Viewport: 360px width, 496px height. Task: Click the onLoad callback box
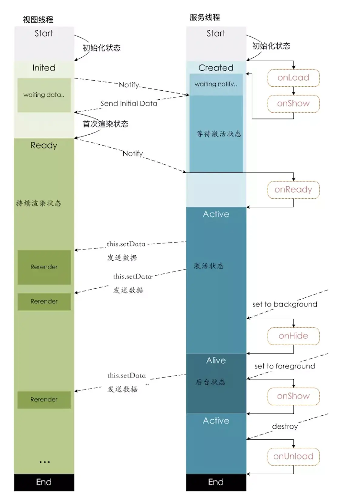293,78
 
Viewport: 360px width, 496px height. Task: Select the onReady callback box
293,190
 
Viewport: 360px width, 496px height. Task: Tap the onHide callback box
293,336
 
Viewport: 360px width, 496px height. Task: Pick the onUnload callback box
293,456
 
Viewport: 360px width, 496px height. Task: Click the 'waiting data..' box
44,95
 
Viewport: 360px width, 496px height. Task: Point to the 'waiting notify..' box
216,84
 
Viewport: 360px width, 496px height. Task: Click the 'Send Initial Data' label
129,103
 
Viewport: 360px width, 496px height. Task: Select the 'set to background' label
285,304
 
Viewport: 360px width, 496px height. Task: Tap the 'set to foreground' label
285,366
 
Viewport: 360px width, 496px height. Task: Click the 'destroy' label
285,427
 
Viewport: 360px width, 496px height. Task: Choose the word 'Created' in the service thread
216,68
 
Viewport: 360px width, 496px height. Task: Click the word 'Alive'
216,360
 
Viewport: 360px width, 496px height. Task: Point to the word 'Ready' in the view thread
44,145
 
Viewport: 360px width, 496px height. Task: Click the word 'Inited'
44,68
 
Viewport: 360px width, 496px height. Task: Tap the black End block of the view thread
44,482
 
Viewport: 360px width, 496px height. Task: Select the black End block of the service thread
216,482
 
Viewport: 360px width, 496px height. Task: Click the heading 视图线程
38,20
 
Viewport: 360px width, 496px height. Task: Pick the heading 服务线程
205,17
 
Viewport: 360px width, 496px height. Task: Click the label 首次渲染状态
105,124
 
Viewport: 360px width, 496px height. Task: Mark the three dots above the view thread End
45,462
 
